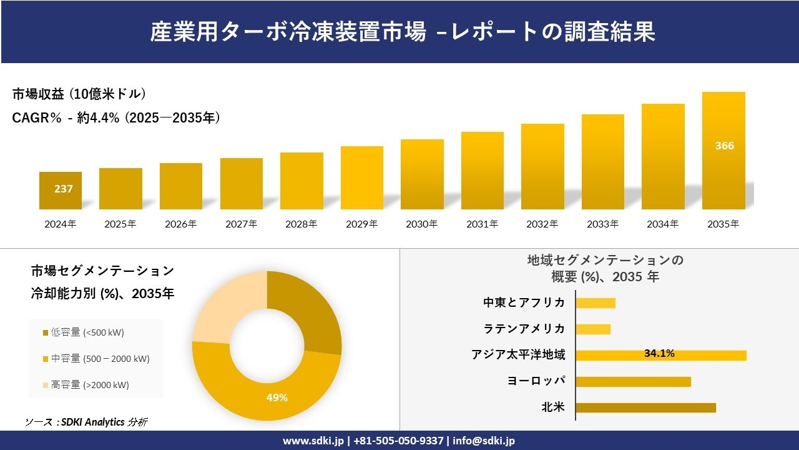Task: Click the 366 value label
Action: click(x=724, y=146)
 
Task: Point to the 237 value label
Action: click(x=64, y=189)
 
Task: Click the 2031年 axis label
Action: click(x=482, y=224)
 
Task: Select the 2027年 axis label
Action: click(x=241, y=224)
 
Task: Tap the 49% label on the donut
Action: click(x=278, y=397)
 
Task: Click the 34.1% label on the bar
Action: click(x=659, y=354)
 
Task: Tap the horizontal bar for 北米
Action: click(x=645, y=407)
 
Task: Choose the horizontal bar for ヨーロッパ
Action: click(x=633, y=381)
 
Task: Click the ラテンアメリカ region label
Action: click(x=524, y=329)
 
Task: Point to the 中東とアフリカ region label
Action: click(x=524, y=302)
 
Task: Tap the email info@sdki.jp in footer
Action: click(x=484, y=441)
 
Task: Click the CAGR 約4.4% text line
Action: click(x=116, y=117)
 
